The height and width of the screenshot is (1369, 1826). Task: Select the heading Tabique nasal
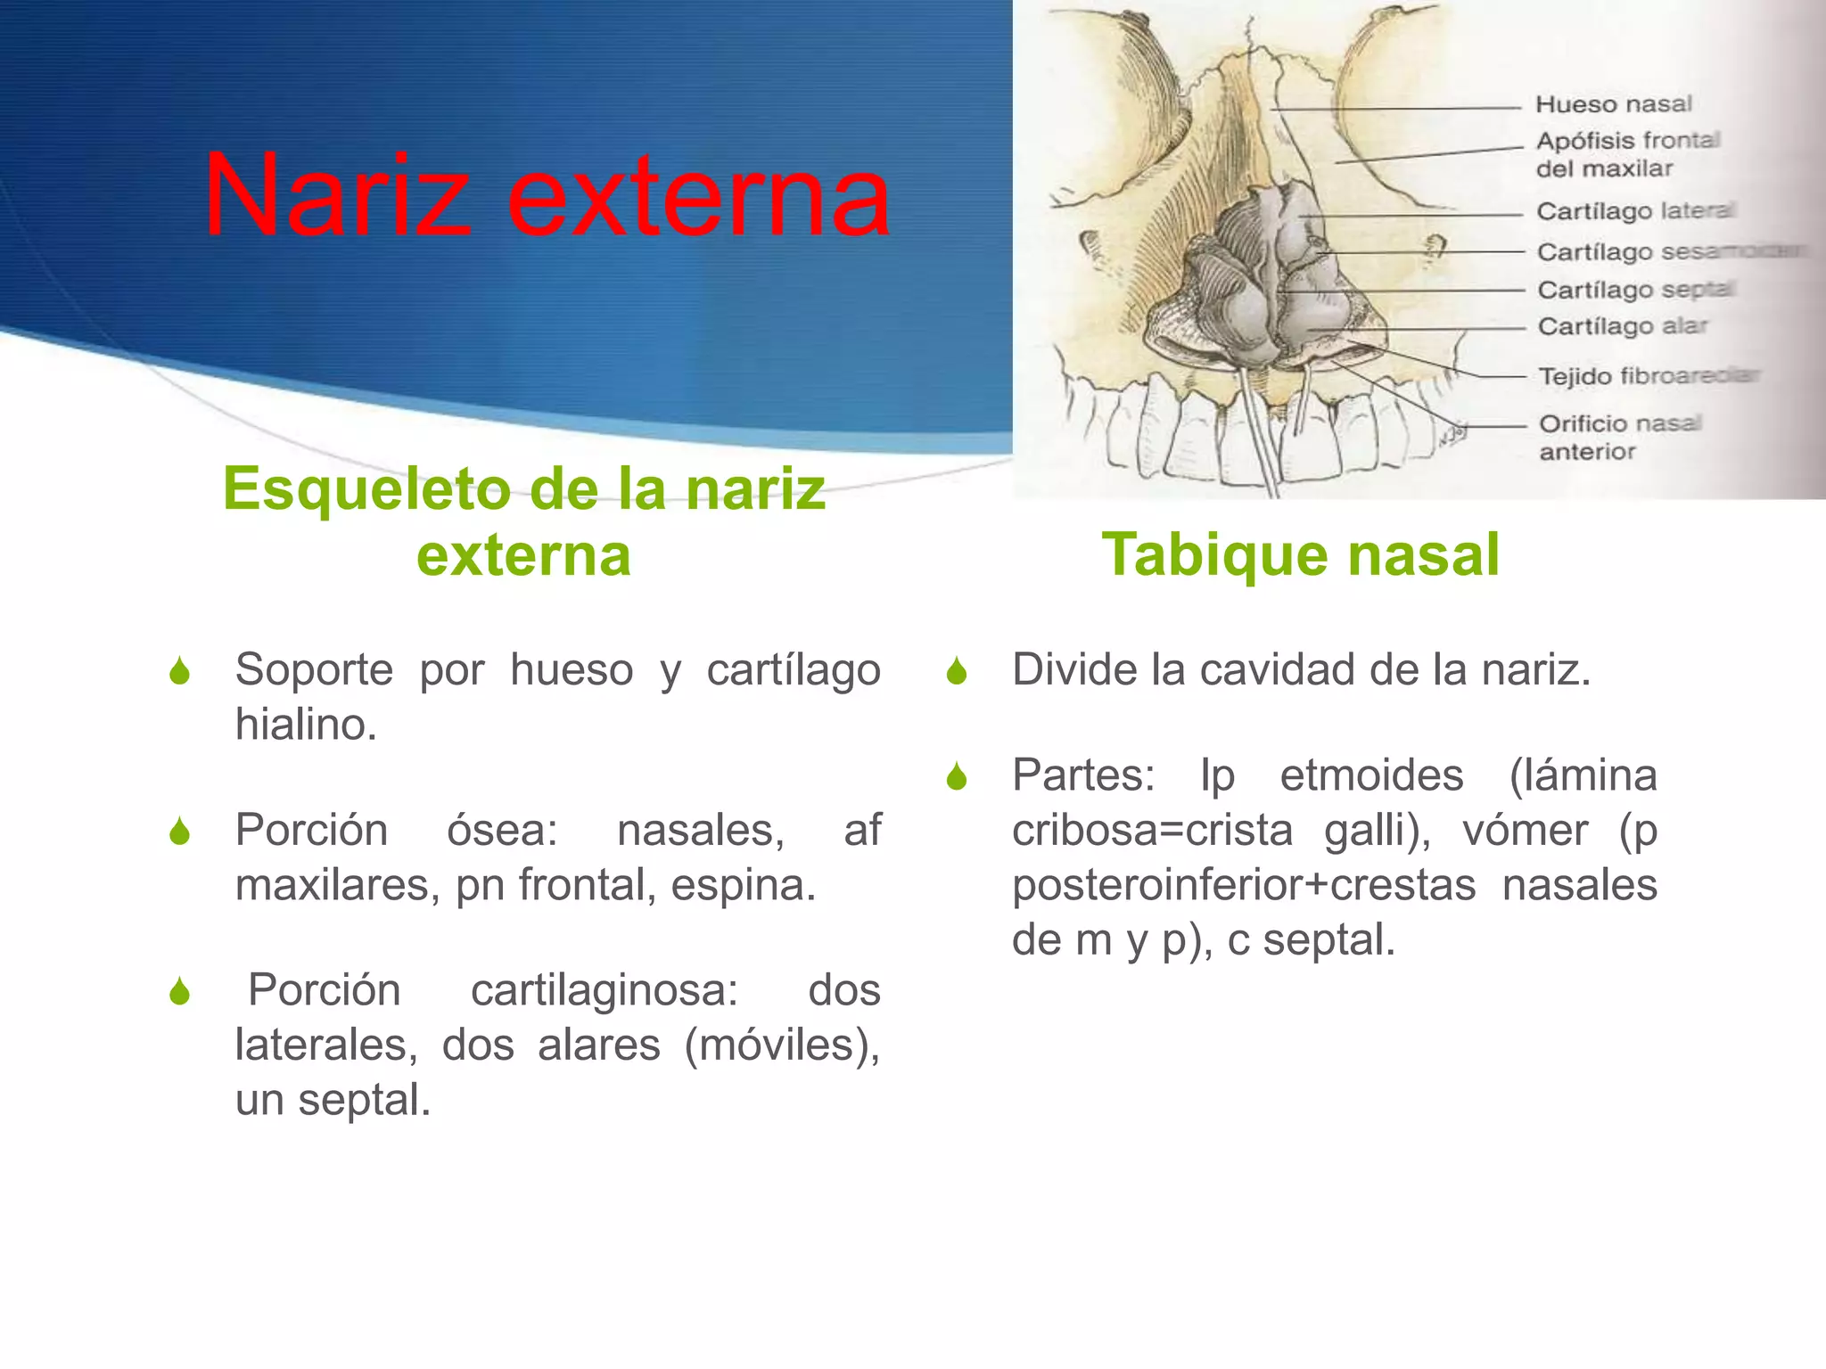pos(1300,554)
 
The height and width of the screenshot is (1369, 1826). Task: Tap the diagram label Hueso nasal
pos(1613,104)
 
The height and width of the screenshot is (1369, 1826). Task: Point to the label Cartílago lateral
pos(1634,211)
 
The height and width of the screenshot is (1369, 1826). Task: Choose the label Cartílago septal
pos(1634,290)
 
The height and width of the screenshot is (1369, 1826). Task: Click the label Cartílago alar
pos(1622,326)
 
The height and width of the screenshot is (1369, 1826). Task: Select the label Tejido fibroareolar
pos(1648,376)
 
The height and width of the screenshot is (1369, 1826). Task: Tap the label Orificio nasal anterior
pos(1619,437)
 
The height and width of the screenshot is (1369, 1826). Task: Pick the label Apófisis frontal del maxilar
pos(1626,154)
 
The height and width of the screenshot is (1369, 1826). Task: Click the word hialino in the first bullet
pos(305,725)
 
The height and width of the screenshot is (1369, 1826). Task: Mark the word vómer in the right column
pos(1525,831)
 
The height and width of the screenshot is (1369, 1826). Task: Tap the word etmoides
pos(1371,775)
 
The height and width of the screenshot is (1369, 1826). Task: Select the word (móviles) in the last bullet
pos(781,1045)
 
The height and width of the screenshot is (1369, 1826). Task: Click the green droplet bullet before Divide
pos(957,671)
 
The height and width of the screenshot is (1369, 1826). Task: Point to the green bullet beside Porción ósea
pos(179,832)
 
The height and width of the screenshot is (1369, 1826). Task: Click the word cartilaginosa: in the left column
pos(604,990)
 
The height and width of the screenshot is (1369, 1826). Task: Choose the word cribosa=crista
pos(1152,831)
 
